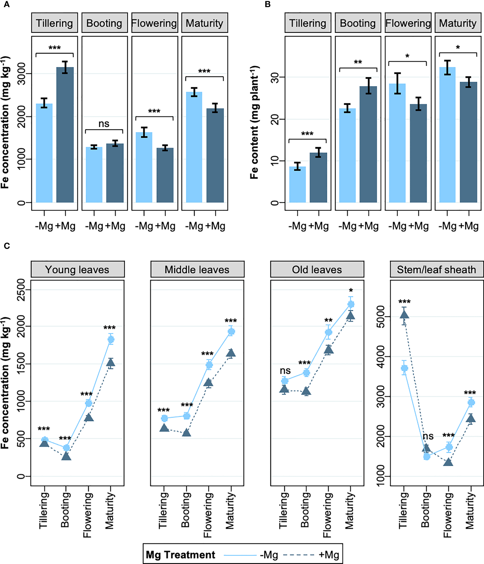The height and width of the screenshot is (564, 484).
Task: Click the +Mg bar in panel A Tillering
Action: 65,135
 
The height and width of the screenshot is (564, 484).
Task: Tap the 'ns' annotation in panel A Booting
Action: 104,124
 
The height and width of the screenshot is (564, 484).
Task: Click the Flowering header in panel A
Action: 155,23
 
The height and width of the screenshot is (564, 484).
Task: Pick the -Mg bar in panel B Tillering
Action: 297,184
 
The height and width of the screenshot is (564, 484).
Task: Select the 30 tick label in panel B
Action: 275,77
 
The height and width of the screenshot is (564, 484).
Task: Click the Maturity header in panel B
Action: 458,23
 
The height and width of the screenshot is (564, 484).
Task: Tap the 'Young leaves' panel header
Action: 78,269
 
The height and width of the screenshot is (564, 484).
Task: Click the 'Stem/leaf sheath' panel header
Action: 436,269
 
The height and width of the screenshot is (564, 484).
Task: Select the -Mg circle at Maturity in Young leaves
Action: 111,339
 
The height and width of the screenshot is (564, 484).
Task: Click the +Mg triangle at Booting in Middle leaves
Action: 186,433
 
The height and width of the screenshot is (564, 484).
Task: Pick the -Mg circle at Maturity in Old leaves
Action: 351,304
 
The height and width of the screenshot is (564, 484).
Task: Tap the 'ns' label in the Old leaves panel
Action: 285,370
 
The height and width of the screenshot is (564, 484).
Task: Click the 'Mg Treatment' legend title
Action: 181,555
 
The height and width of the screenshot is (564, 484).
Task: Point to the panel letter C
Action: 7,246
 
